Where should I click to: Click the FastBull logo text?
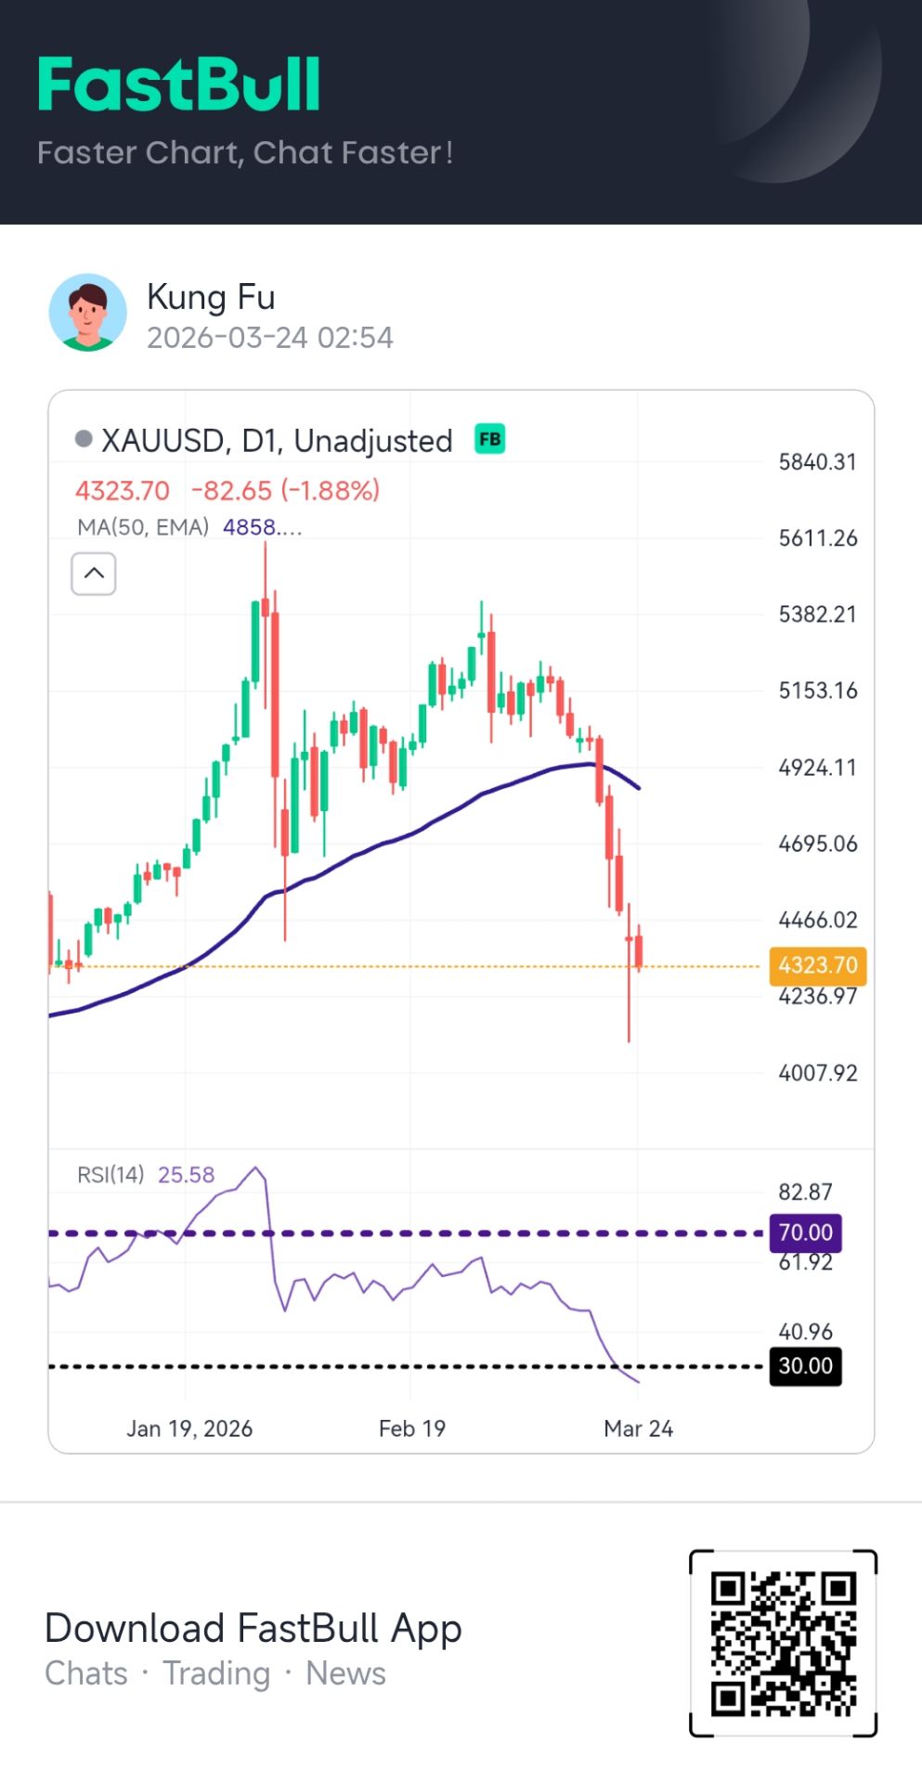coord(179,85)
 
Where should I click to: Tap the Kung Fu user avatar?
coord(88,313)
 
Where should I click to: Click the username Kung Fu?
coord(211,297)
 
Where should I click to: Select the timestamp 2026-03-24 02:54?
coord(269,337)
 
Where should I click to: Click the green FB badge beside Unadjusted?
coord(489,439)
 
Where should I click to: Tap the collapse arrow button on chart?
coord(94,574)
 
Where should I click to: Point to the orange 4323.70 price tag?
coord(817,965)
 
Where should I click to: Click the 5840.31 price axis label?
coord(817,462)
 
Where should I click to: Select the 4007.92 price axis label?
coord(817,1074)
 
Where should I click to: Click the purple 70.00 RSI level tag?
coord(805,1233)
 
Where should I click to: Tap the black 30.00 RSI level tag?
coord(805,1366)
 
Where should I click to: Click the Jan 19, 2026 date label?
coord(189,1428)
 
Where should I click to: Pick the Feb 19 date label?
coord(411,1428)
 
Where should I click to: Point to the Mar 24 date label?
coord(638,1428)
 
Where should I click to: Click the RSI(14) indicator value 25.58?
coord(186,1175)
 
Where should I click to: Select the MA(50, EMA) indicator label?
coord(143,527)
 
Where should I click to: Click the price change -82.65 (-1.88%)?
coord(285,490)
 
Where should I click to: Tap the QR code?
coord(783,1642)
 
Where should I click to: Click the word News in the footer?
coord(345,1673)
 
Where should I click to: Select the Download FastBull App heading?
coord(253,1628)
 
